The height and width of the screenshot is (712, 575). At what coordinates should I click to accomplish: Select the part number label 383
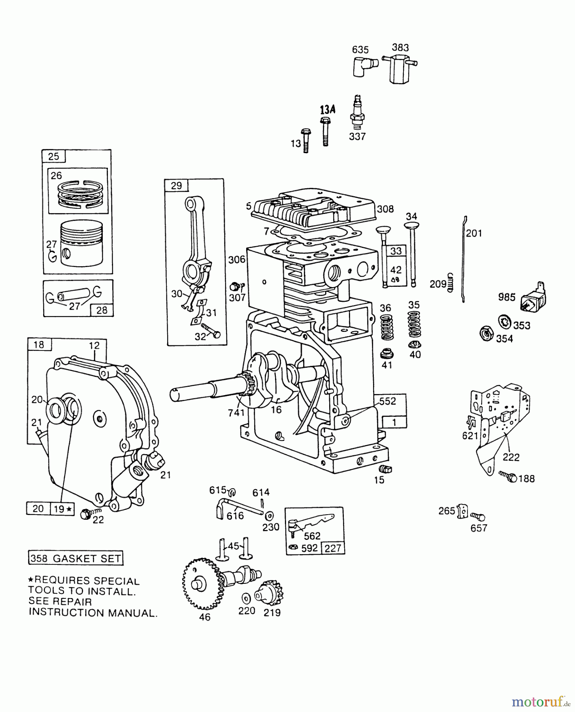(400, 47)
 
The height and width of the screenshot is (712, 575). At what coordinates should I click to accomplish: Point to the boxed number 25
(54, 156)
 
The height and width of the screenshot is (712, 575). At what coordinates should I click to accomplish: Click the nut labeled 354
(485, 333)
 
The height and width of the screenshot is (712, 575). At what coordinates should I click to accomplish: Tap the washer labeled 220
(246, 596)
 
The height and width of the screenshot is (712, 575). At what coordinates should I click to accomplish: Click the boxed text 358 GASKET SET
(75, 559)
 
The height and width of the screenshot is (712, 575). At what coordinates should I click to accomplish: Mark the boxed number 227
(333, 548)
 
